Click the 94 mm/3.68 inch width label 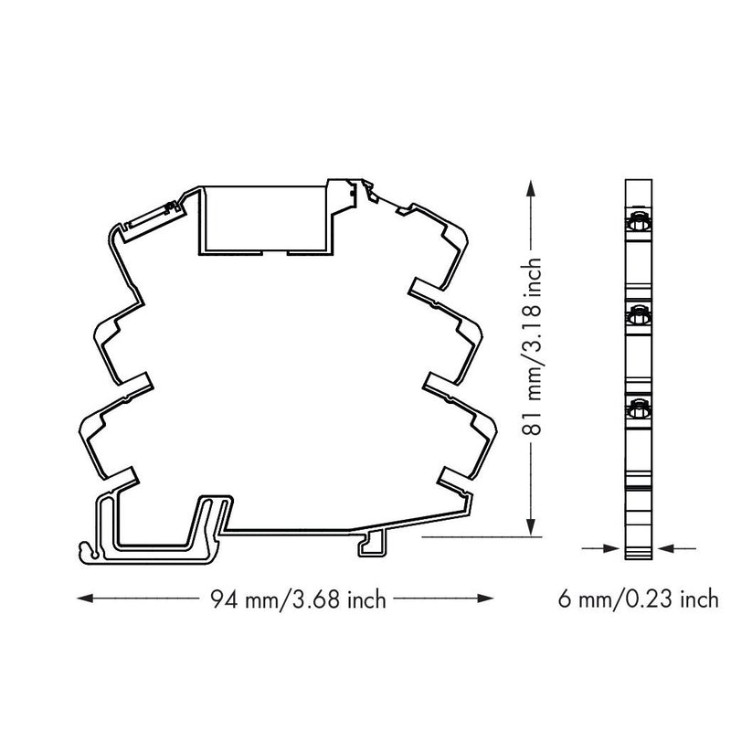299,599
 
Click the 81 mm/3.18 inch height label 531,346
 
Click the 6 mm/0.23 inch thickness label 638,599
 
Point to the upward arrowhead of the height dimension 531,188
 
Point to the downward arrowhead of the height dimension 531,528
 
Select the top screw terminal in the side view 638,223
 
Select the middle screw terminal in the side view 638,316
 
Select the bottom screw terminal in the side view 638,409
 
